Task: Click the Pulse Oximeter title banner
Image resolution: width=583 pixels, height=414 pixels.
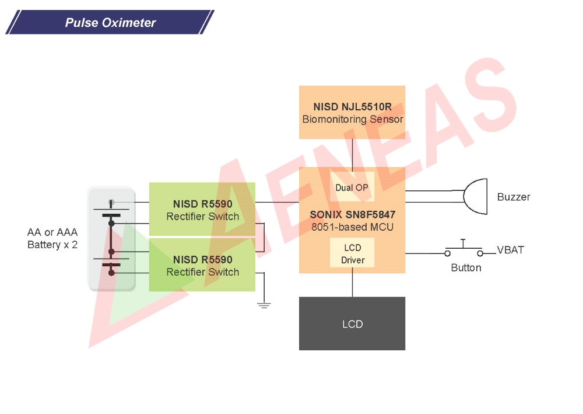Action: [110, 23]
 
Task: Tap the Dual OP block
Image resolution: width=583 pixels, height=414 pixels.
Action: [352, 187]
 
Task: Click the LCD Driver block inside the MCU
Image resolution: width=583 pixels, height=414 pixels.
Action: [352, 253]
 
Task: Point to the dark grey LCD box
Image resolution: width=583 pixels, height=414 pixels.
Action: [352, 323]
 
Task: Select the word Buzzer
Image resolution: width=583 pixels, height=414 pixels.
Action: [513, 197]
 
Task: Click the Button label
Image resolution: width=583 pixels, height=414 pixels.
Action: [466, 268]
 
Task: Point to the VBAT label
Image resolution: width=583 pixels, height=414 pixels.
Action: [510, 251]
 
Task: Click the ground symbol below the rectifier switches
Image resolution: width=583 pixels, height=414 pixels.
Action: [264, 304]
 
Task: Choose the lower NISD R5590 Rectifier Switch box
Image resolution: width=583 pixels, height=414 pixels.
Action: [202, 265]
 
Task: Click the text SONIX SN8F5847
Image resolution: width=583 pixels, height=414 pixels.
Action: [352, 215]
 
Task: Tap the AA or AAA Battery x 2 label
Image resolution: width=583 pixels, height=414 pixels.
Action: [52, 239]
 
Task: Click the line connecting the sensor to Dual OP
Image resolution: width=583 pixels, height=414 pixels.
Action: [352, 155]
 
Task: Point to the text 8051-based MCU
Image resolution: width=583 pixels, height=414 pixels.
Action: [352, 227]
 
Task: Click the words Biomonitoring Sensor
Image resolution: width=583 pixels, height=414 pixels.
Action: [352, 119]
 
